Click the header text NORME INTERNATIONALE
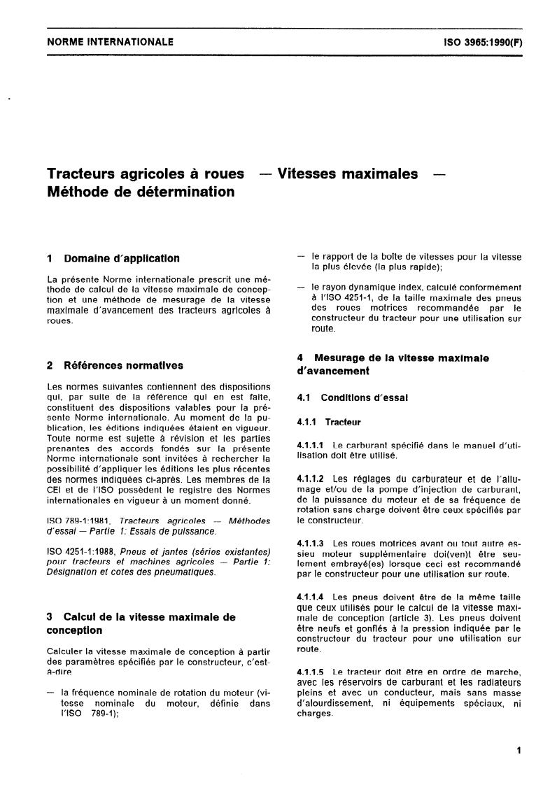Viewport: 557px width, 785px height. [x=110, y=42]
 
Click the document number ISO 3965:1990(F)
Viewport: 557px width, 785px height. [x=483, y=42]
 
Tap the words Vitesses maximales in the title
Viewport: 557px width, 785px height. [x=348, y=174]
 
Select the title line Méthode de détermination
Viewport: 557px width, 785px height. [x=140, y=191]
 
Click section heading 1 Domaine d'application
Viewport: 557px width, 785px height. [x=113, y=258]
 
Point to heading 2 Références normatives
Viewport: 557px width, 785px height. [x=115, y=365]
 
